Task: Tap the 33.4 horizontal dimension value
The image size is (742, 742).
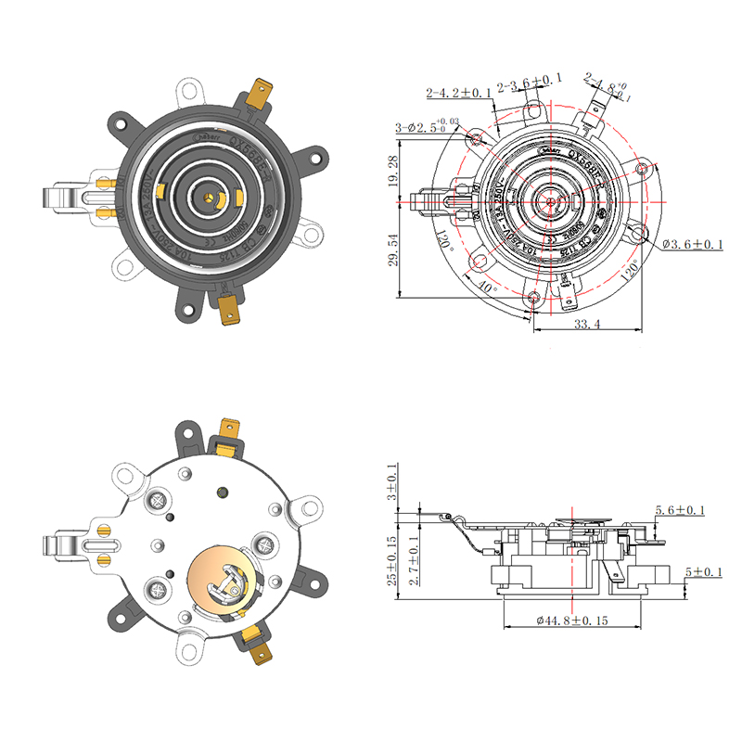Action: click(588, 324)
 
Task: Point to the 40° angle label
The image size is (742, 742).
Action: click(487, 287)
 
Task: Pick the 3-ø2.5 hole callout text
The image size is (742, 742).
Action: click(427, 126)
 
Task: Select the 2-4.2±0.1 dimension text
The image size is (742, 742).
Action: click(458, 94)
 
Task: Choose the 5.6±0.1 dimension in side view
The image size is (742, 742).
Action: click(680, 511)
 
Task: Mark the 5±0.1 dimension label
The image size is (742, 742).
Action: click(702, 571)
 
